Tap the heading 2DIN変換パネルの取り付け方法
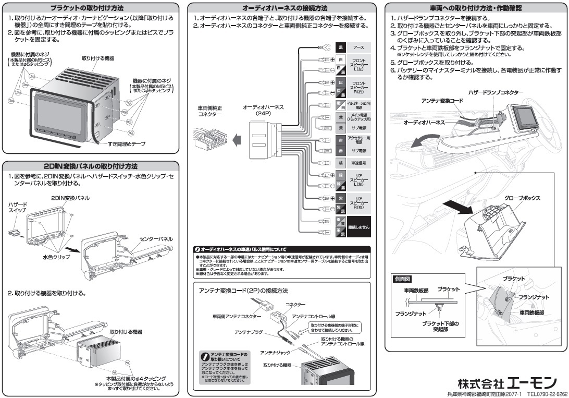click(91, 166)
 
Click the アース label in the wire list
click(358, 47)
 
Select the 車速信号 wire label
click(358, 163)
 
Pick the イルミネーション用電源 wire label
click(358, 105)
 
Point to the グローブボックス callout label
click(522, 198)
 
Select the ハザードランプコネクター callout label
click(495, 92)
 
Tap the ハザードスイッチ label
click(18, 207)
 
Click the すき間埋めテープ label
click(127, 144)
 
